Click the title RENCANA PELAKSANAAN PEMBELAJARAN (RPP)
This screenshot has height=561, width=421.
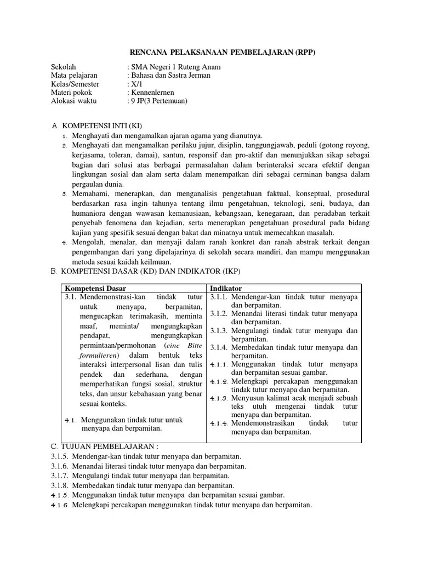223,52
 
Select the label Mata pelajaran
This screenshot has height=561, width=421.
74,76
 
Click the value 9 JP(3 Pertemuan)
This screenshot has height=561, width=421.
158,101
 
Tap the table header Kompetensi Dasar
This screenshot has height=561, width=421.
95,288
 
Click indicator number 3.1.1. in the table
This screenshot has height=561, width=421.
219,297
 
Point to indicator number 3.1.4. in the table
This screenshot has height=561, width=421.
219,347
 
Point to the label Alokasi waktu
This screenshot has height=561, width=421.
72,101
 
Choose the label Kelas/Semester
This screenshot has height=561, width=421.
75,84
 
